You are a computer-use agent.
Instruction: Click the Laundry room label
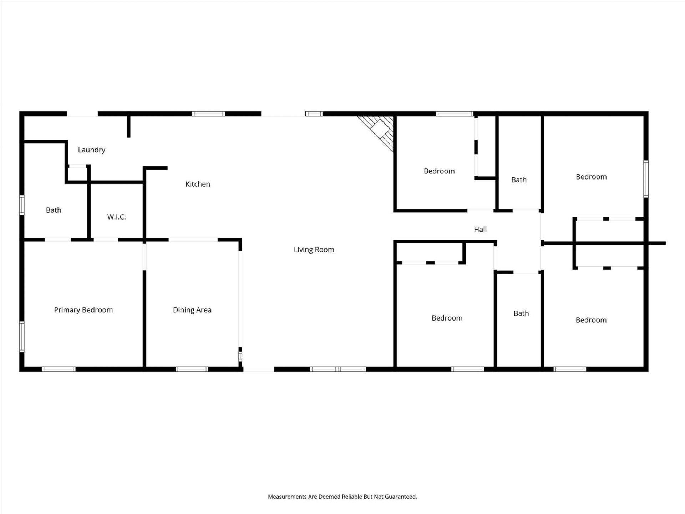click(92, 150)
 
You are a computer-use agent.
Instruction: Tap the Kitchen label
click(198, 184)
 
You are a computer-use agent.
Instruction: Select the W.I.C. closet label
click(116, 217)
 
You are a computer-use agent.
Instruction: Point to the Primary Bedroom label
click(83, 310)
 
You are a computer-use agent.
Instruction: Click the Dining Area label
click(192, 310)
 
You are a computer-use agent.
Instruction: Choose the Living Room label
click(314, 250)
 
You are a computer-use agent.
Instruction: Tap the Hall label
click(480, 230)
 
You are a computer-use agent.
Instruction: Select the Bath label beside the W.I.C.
click(54, 210)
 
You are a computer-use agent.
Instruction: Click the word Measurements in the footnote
click(287, 497)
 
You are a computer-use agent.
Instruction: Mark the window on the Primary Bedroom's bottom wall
click(59, 369)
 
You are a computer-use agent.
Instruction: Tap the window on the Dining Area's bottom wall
click(192, 369)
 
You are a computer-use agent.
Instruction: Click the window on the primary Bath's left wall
click(22, 205)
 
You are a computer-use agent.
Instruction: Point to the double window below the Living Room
click(338, 369)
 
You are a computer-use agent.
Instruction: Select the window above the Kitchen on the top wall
click(208, 114)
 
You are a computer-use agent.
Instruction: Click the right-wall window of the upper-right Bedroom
click(646, 179)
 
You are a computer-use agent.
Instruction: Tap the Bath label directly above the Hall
click(519, 180)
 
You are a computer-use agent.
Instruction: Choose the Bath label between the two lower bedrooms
click(521, 313)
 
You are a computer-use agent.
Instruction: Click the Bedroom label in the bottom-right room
click(591, 320)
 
